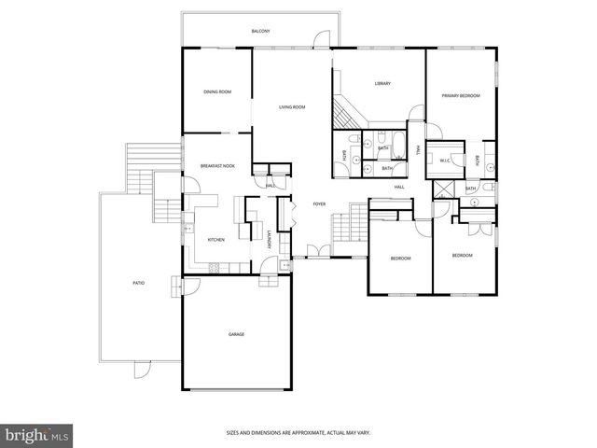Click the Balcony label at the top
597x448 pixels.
(260, 32)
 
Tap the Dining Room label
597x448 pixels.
(217, 91)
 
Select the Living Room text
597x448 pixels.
(292, 107)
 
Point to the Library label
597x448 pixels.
(382, 84)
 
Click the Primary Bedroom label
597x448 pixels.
(461, 95)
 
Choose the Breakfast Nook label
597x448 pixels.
(217, 166)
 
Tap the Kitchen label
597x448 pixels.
(215, 240)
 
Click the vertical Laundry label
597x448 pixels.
(269, 239)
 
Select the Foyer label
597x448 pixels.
(319, 203)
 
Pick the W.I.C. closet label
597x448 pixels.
(445, 161)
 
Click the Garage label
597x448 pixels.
(237, 333)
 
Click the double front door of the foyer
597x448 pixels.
(317, 251)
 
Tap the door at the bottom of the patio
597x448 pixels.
(142, 367)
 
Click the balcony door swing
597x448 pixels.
(321, 37)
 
